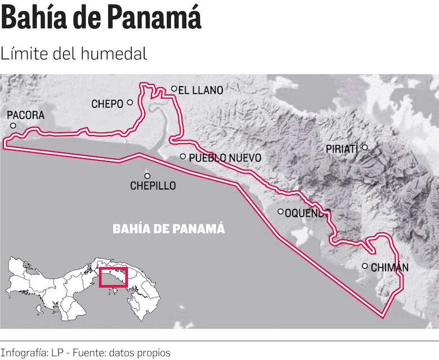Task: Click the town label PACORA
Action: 25,115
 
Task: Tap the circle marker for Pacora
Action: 14,125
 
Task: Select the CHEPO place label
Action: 107,103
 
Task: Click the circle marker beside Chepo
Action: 130,102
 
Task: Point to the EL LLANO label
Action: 200,89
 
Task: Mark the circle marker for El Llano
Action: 174,89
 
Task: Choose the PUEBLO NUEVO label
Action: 225,158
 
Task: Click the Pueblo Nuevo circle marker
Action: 183,157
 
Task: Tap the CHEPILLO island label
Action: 153,186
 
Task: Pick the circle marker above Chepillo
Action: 147,175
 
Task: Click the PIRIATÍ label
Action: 342,149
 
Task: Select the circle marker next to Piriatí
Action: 365,147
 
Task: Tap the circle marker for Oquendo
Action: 281,211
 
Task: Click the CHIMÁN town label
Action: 389,267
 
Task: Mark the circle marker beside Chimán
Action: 365,266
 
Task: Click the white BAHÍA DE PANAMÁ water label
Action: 169,229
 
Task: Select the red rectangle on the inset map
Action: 113,277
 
